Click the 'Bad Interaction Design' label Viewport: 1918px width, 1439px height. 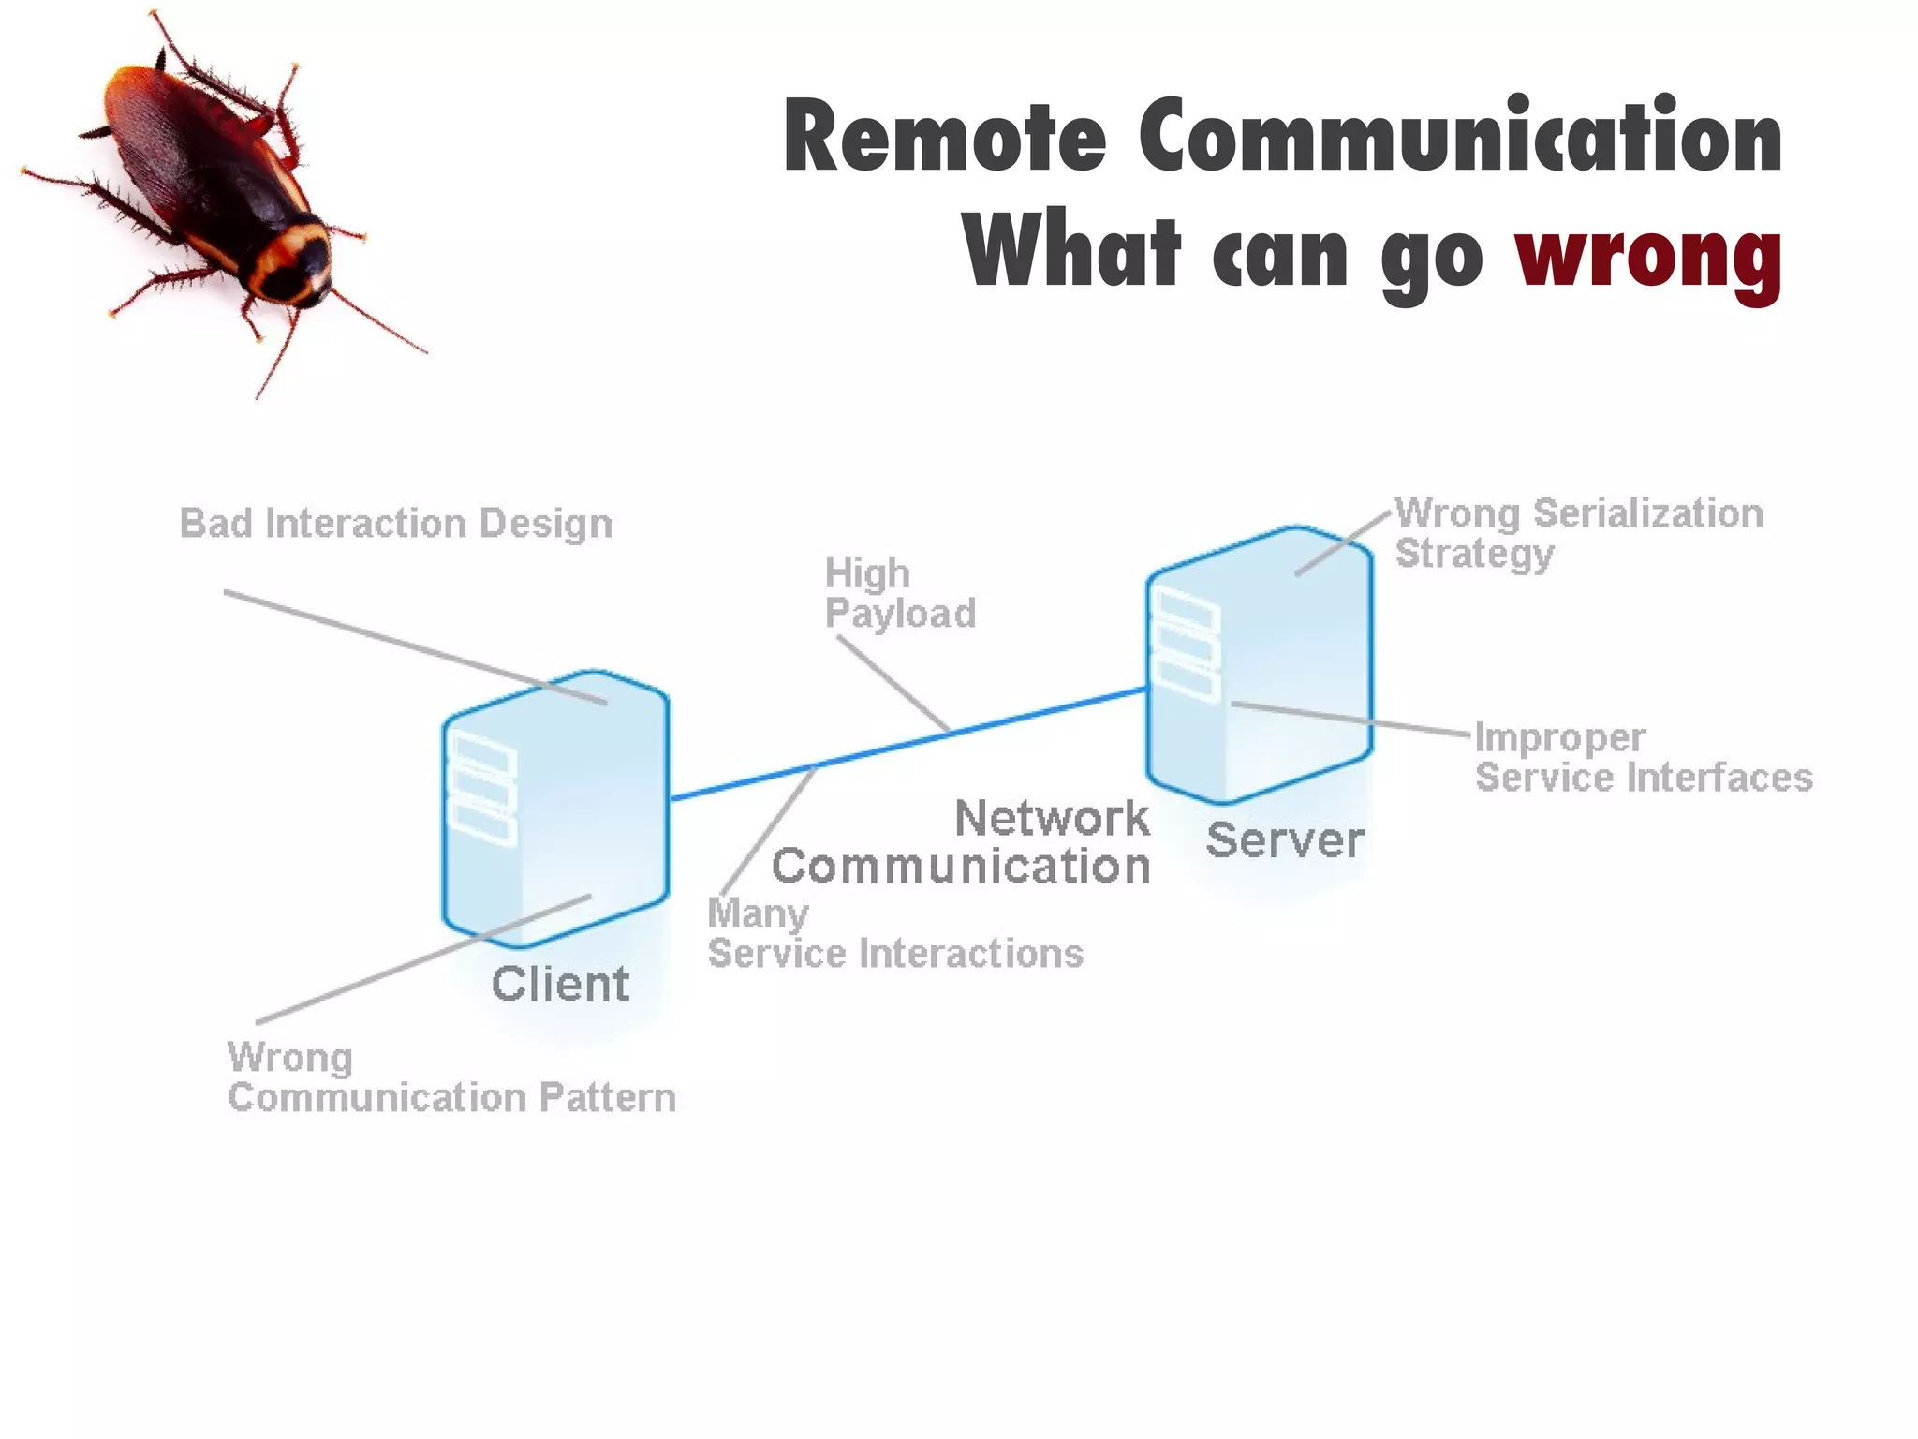pos(395,524)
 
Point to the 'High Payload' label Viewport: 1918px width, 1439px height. pos(899,593)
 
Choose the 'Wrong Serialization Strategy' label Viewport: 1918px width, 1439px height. pos(1578,533)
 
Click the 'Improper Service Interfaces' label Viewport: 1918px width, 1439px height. pos(1643,758)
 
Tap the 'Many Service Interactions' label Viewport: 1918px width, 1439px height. pos(894,933)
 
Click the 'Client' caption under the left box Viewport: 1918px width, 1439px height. pos(560,984)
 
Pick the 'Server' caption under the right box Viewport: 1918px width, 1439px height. pos(1284,839)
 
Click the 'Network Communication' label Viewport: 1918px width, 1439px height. pos(961,841)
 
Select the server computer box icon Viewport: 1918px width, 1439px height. pos(1259,664)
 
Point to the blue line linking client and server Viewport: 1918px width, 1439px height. pos(1030,717)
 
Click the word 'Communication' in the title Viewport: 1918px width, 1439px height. pos(1461,138)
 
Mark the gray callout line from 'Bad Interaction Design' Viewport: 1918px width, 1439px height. pos(412,646)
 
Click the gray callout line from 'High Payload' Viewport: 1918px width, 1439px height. pos(893,683)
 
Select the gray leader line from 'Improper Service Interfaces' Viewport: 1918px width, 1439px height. pos(1349,718)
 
